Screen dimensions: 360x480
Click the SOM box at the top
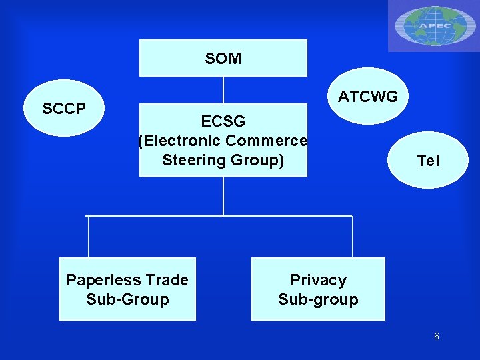click(223, 58)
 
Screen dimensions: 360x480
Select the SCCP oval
click(64, 108)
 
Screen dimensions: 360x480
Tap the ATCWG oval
click(367, 97)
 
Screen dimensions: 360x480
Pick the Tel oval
click(428, 161)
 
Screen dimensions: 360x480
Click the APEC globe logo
click(433, 25)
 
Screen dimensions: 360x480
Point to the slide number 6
click(436, 337)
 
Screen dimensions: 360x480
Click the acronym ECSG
click(223, 121)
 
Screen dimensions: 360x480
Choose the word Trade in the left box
click(166, 280)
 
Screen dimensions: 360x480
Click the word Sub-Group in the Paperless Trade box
click(127, 299)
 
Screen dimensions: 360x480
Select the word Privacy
click(318, 280)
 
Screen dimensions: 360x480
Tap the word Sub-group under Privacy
click(318, 299)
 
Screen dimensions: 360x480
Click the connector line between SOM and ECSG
click(223, 90)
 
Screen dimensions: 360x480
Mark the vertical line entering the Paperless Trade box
click(89, 237)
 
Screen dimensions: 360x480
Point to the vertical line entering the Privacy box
click(352, 237)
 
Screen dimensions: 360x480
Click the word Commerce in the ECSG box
click(267, 141)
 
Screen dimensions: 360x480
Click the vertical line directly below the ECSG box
click(223, 196)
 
